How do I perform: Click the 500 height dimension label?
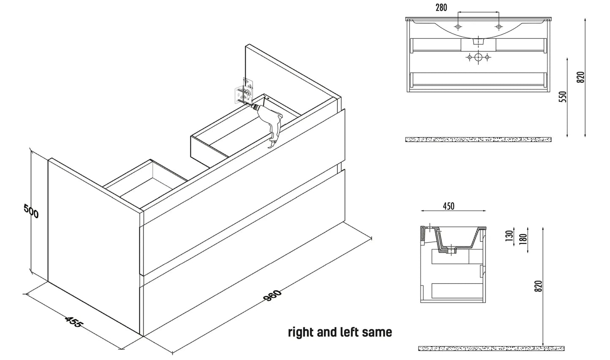[31, 211]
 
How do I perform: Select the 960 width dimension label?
[272, 295]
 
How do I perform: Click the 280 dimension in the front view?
[440, 7]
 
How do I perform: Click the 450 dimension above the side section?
[448, 206]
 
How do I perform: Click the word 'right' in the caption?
[301, 333]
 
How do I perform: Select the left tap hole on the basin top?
[458, 27]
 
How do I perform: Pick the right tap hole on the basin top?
[499, 27]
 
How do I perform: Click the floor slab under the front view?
[478, 139]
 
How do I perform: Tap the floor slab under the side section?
[491, 348]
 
